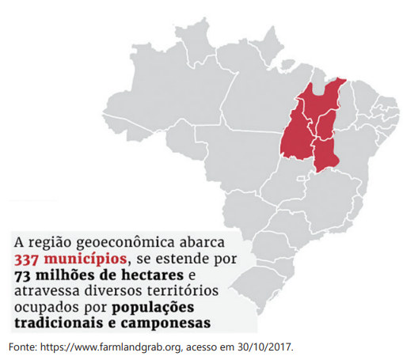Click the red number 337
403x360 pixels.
[29, 259]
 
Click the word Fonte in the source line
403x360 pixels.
[25, 347]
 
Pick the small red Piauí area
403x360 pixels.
[323, 125]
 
